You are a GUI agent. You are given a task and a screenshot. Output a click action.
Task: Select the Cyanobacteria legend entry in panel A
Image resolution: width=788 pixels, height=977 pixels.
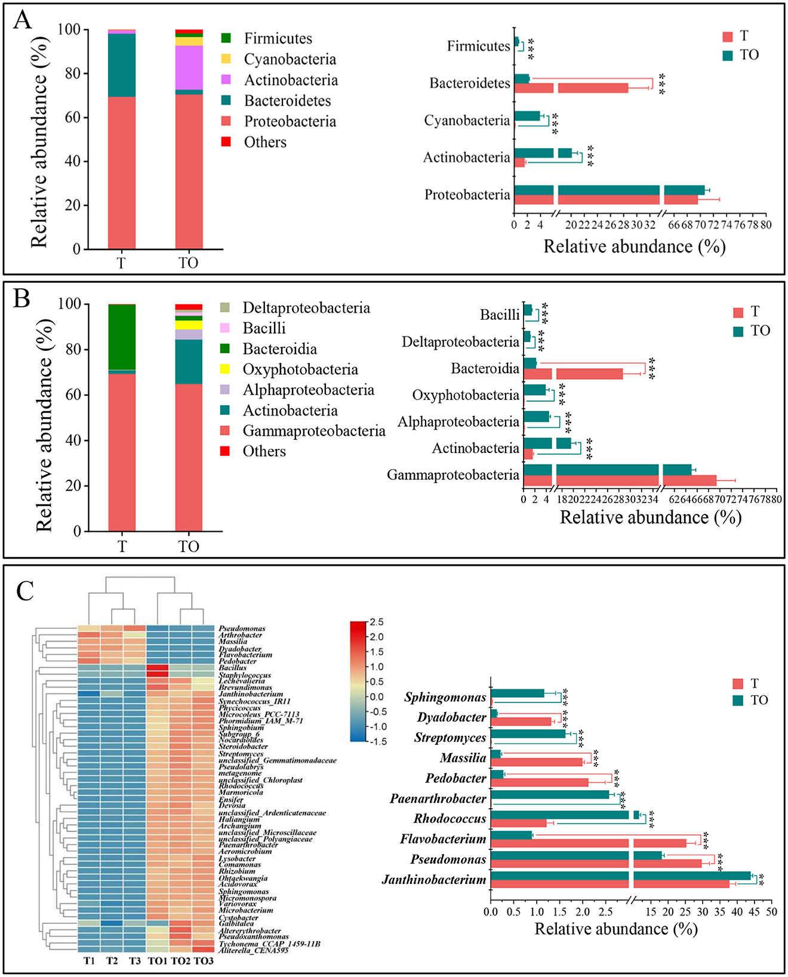point(290,59)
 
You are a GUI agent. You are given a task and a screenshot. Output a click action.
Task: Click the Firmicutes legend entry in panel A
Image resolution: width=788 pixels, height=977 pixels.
point(278,39)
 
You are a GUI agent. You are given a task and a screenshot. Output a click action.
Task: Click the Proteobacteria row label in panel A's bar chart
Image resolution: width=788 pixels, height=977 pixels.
point(467,195)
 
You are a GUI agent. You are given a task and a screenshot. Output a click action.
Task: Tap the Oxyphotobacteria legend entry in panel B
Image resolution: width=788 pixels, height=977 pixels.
point(300,369)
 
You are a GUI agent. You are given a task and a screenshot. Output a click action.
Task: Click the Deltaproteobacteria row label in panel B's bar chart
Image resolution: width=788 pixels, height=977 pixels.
point(460,342)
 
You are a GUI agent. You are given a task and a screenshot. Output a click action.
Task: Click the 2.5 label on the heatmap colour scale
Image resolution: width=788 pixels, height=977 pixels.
point(376,622)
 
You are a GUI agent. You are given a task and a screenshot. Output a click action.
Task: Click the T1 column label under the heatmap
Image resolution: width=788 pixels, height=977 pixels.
point(89,961)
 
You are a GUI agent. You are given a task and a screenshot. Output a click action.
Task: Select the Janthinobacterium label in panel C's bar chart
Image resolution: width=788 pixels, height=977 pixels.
point(434,880)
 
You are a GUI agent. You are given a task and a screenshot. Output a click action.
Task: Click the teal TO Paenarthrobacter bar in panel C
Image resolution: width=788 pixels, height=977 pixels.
point(549,794)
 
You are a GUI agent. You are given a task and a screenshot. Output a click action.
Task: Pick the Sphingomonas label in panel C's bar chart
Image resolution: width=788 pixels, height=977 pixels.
point(445,697)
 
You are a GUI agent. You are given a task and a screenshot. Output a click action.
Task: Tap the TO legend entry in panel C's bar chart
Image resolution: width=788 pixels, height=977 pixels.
point(759,700)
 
